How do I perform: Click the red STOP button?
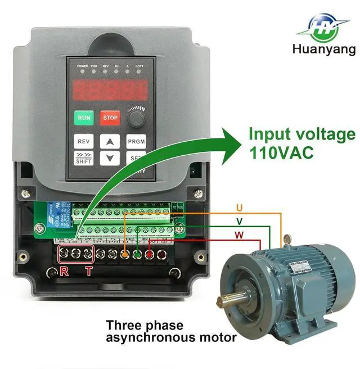point(110,118)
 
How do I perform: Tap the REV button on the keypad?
point(84,141)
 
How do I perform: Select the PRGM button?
point(136,141)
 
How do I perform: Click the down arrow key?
point(110,159)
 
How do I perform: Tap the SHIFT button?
point(84,158)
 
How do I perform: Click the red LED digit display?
point(110,89)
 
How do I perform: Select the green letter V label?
point(240,220)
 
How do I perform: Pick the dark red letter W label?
point(240,235)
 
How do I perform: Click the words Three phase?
point(145,326)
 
